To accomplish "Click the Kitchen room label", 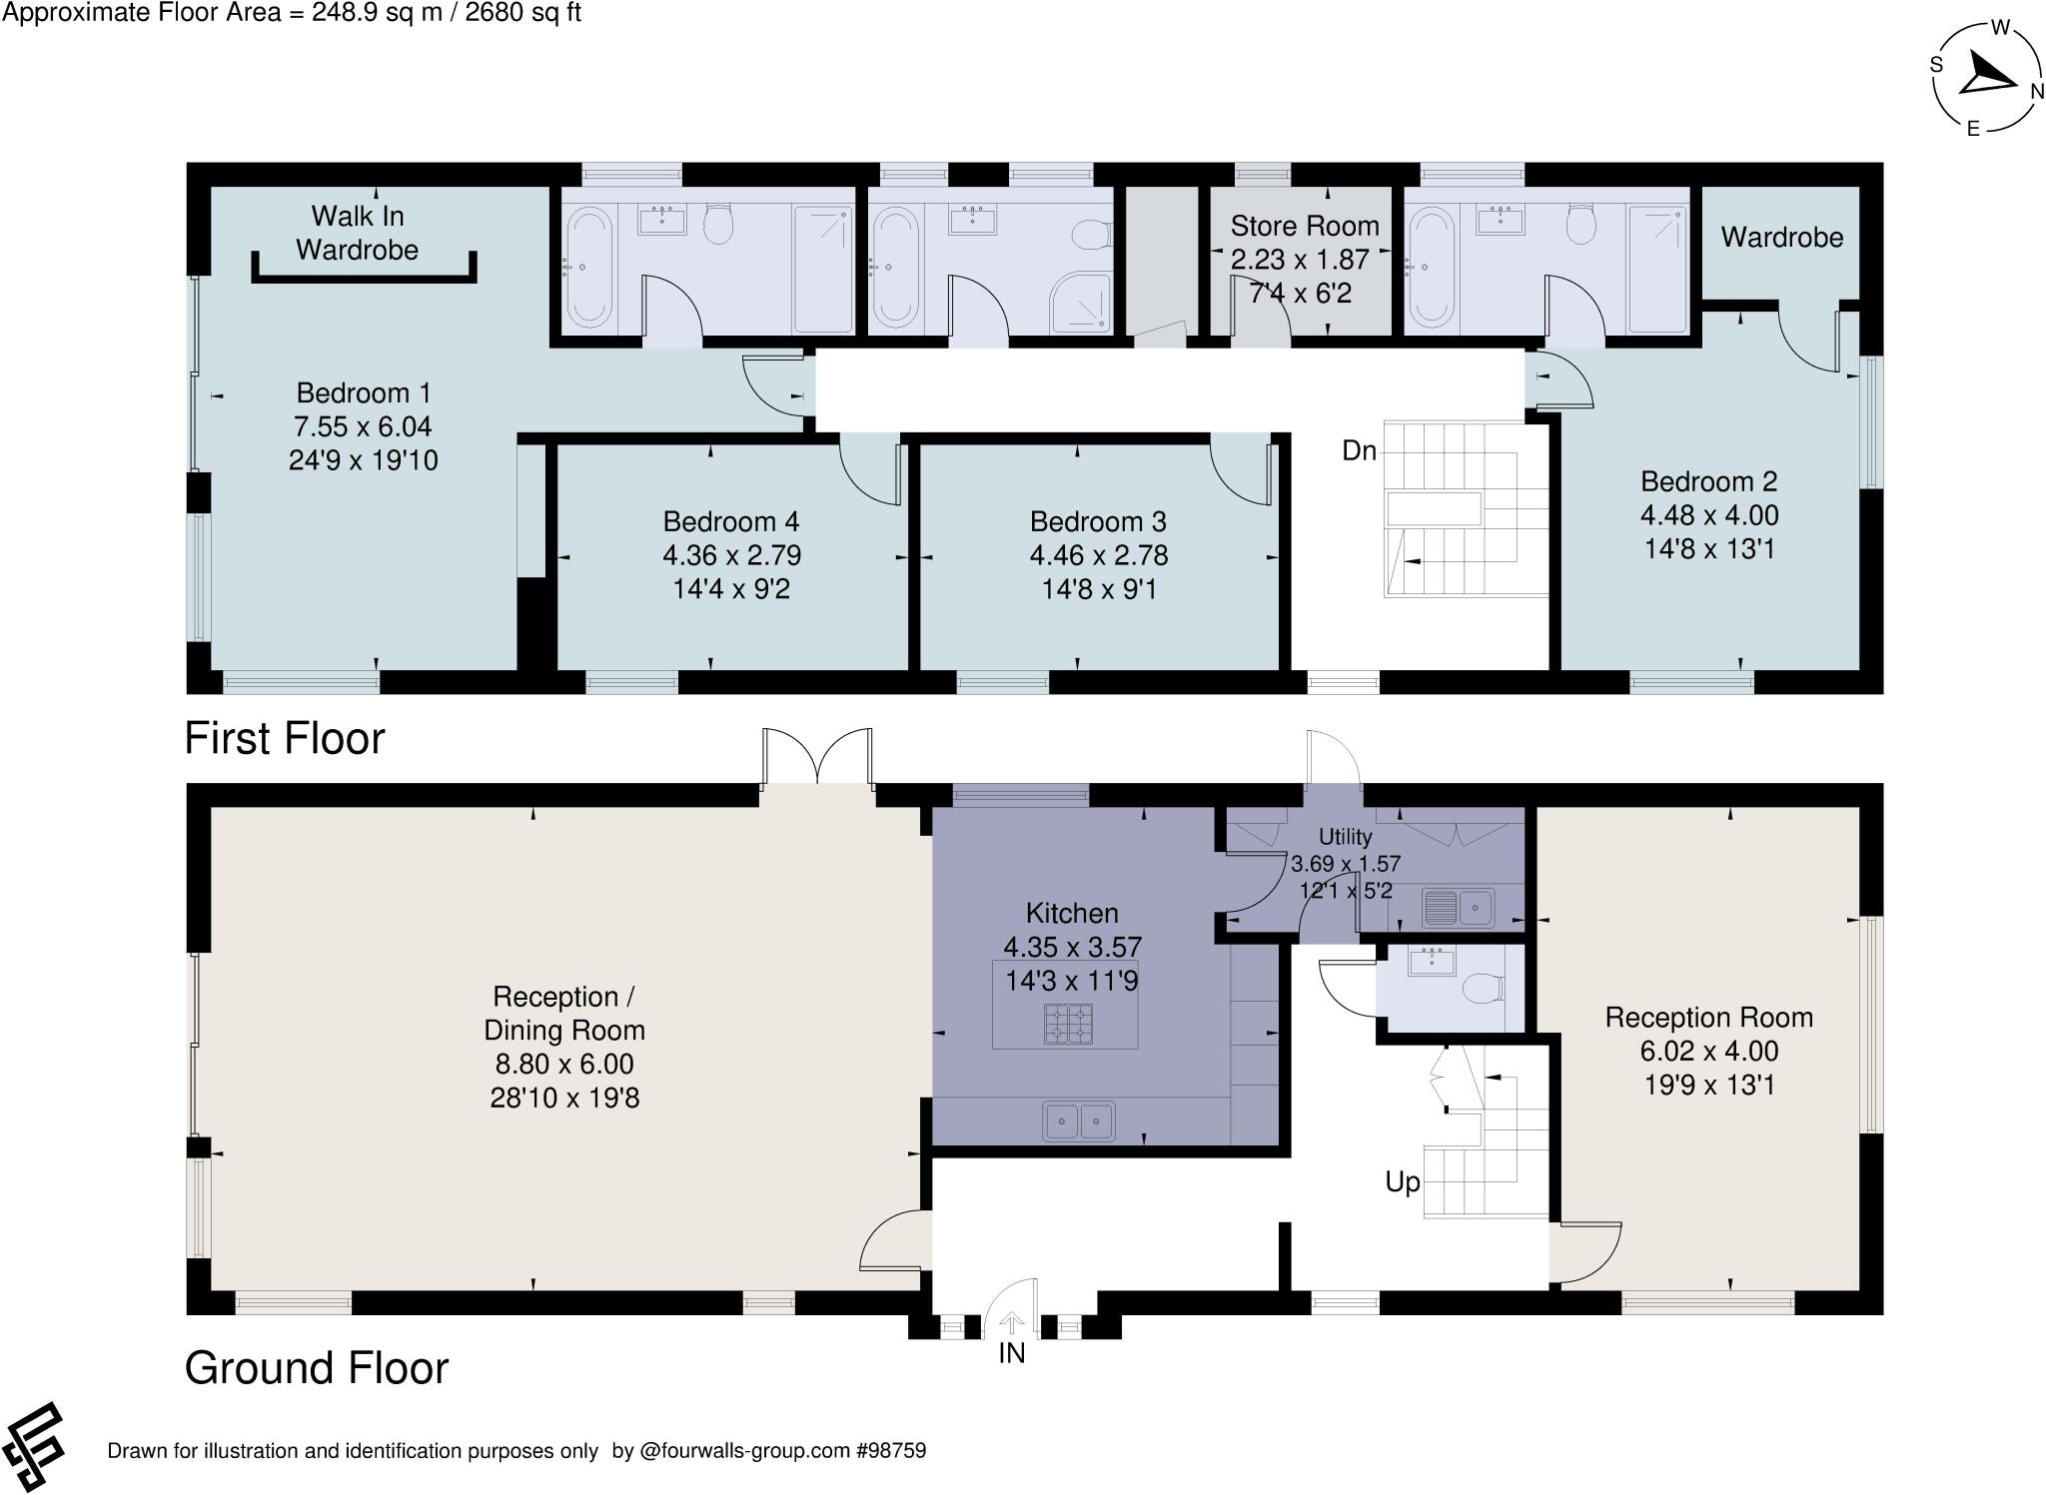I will coord(1072,913).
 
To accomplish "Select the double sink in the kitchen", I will coord(1078,1121).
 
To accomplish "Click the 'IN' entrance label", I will coord(1011,1353).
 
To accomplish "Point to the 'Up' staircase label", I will coord(1402,1182).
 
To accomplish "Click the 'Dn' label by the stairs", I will coord(1359,451).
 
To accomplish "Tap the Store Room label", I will coord(1304,226).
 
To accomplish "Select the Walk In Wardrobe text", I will coord(357,233).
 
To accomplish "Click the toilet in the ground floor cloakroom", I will coord(1483,990).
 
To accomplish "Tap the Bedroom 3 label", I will coord(1098,521).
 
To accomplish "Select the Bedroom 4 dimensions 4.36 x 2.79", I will coord(731,555).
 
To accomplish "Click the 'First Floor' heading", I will coord(285,739).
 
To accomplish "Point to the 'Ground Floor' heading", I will coord(317,1368).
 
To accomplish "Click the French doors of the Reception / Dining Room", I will coord(817,759).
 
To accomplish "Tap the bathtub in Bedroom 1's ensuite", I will coord(589,270).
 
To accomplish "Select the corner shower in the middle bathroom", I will coord(1081,303).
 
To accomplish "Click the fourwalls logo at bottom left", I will coord(32,1447).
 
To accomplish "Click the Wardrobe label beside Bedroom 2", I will coord(1781,238).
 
